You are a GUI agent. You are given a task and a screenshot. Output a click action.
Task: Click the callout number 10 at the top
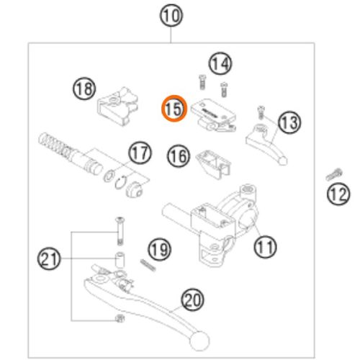[171, 16]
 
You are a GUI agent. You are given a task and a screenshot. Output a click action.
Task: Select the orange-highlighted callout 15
[174, 109]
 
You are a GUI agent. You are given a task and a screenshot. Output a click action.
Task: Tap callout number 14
[220, 63]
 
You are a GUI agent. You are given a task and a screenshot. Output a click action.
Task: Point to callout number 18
[84, 89]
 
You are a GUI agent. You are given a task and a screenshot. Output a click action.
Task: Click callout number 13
[289, 122]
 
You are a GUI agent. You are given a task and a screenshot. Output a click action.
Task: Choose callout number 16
[179, 156]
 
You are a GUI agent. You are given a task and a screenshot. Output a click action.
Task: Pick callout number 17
[140, 153]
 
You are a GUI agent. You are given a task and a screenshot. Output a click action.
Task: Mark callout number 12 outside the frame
[338, 194]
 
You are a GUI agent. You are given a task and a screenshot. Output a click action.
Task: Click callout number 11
[265, 246]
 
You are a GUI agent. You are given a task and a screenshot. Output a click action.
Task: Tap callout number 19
[160, 250]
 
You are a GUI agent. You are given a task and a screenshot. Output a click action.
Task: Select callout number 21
[49, 258]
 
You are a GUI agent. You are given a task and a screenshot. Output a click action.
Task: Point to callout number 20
[192, 300]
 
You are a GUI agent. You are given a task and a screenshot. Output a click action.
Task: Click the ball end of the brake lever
[199, 341]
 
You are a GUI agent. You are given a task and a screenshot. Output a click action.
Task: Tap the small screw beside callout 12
[334, 174]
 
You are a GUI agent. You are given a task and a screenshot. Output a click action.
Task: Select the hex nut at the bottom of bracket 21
[120, 318]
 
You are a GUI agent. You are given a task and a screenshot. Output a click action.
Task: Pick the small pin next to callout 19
[148, 266]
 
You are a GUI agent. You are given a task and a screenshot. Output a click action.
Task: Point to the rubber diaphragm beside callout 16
[213, 163]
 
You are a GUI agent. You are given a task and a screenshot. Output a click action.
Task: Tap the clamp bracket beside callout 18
[117, 107]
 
